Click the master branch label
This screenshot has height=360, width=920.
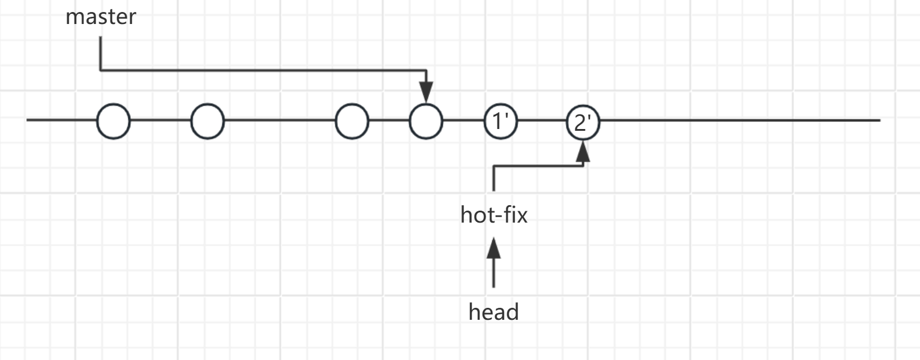(101, 17)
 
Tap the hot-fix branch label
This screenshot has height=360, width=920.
(494, 215)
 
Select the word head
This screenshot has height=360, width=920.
(493, 312)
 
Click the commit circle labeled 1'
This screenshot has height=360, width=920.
(501, 121)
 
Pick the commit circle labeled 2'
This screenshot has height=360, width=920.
(583, 122)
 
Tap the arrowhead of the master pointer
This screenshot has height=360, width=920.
(426, 93)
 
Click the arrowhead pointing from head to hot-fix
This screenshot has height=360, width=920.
(494, 247)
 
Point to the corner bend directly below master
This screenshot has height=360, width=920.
(101, 70)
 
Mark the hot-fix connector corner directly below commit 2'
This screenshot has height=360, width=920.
(583, 166)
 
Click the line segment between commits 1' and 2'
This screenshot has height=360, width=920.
(542, 121)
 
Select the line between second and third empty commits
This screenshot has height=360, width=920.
(279, 121)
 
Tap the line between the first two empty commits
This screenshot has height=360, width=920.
(160, 121)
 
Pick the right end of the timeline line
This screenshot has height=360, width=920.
(878, 121)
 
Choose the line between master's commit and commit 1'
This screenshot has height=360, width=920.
(463, 121)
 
